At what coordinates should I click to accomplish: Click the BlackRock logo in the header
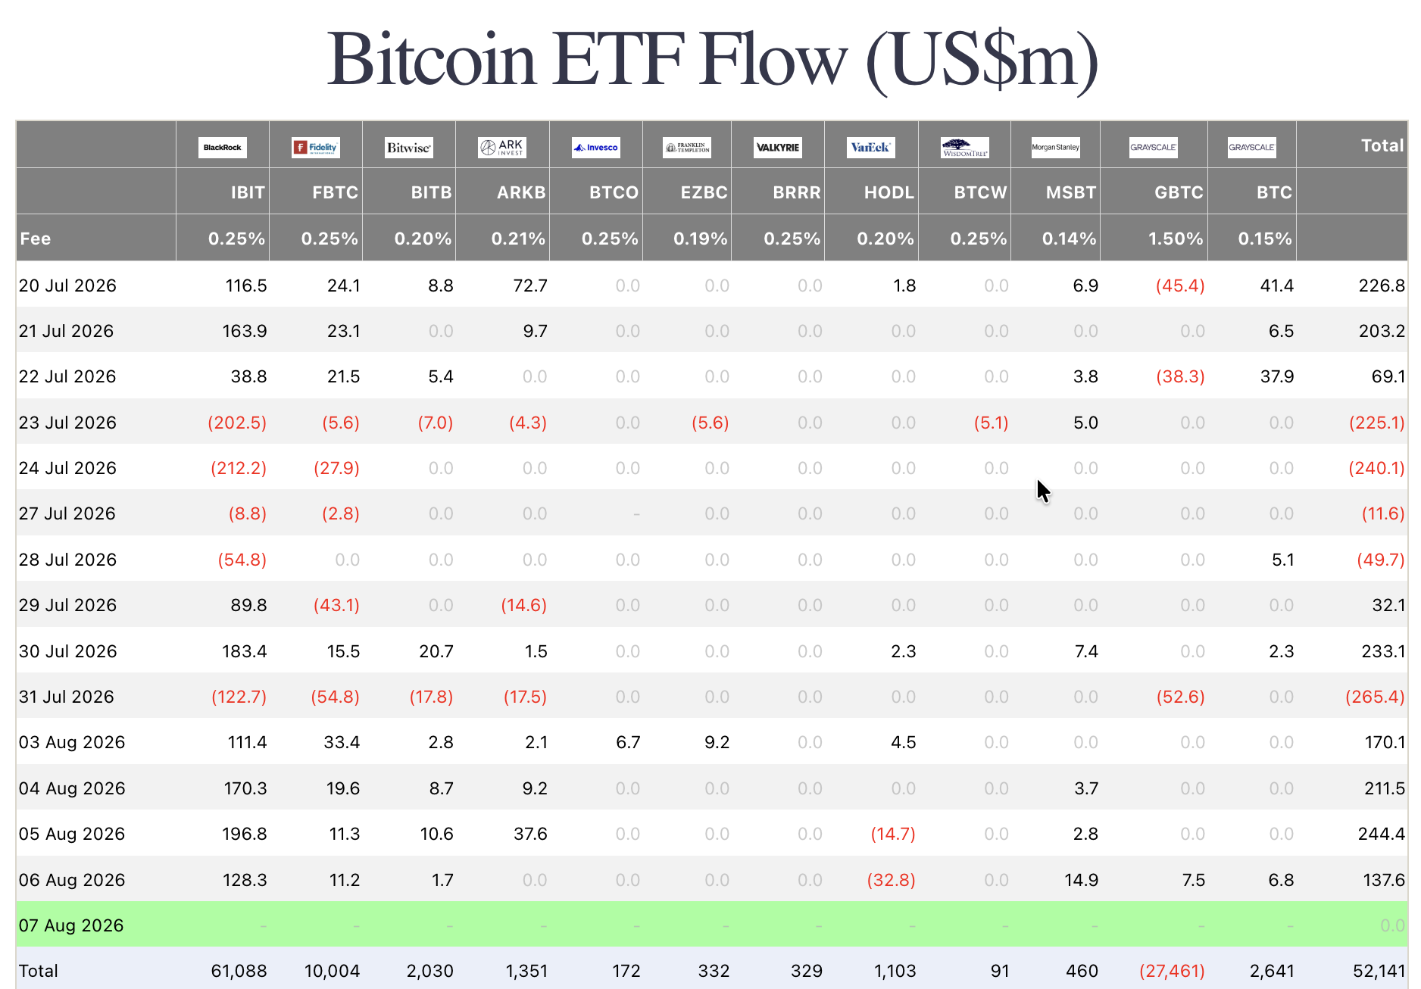(x=223, y=148)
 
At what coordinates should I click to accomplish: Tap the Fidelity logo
(x=316, y=148)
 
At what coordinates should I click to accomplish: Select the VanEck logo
(x=871, y=148)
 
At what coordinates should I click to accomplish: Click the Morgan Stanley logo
(x=1056, y=148)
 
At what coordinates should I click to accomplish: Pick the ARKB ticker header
(x=521, y=192)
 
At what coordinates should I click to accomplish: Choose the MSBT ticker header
(x=1071, y=192)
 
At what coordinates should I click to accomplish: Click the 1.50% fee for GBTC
(x=1176, y=239)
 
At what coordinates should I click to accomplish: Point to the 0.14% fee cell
(x=1070, y=239)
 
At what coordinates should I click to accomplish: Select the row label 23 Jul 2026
(x=67, y=423)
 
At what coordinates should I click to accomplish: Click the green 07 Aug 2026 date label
(x=71, y=925)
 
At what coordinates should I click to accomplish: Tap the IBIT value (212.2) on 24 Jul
(x=239, y=468)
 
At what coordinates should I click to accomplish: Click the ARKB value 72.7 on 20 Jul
(x=530, y=285)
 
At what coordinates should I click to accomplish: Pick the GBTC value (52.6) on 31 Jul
(x=1180, y=697)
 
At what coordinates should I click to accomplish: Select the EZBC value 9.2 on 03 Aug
(x=717, y=742)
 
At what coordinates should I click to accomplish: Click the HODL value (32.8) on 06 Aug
(x=892, y=880)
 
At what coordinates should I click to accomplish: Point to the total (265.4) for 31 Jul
(x=1375, y=697)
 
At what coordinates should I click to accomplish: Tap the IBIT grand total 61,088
(x=239, y=971)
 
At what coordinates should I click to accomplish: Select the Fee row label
(x=36, y=239)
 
